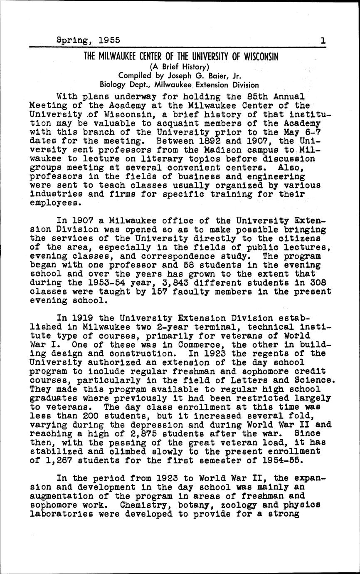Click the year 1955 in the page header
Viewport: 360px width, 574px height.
click(109, 40)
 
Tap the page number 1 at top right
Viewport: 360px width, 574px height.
click(323, 40)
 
